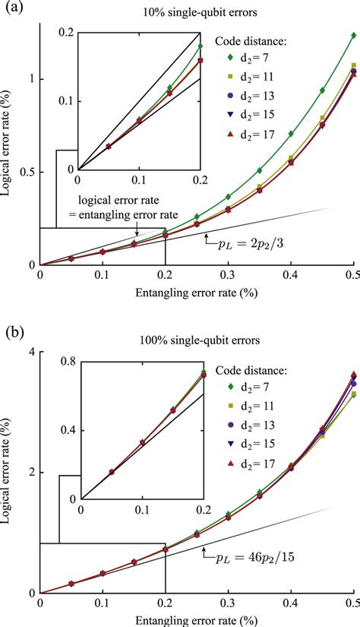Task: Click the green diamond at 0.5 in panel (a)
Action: click(x=353, y=35)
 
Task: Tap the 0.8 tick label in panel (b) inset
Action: click(x=65, y=362)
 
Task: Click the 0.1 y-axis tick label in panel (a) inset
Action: click(x=65, y=101)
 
